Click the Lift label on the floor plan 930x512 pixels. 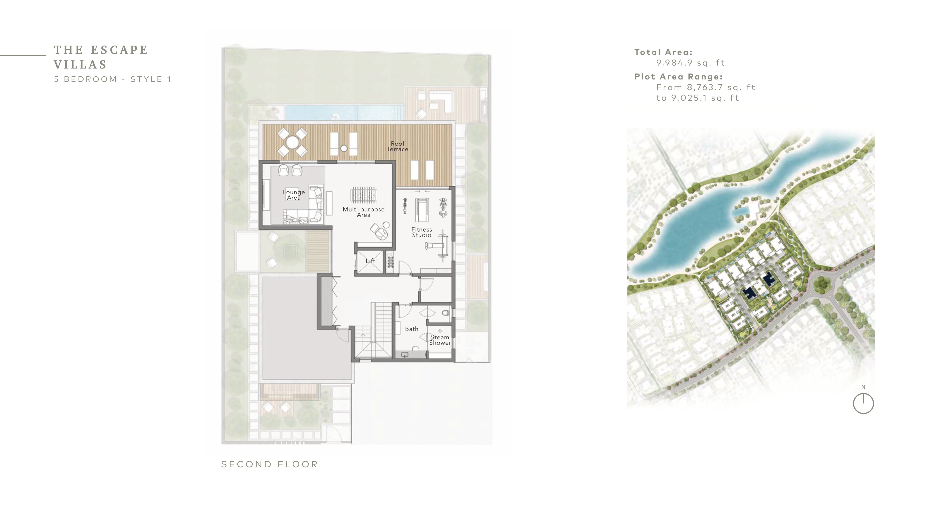pos(371,261)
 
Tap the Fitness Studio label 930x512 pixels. pos(422,232)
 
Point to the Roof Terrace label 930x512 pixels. pos(397,146)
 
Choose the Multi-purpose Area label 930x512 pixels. pos(364,212)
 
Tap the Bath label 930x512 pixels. pos(412,329)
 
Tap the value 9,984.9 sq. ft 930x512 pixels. pos(690,63)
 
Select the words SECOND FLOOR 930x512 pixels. pos(269,464)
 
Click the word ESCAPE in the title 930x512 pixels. pos(119,50)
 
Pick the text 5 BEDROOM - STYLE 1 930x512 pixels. pos(113,79)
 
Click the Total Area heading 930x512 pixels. pos(663,52)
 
